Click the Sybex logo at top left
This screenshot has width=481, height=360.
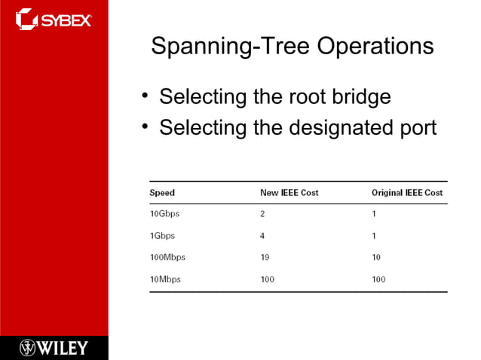54,18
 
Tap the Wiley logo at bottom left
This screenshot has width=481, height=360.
54,347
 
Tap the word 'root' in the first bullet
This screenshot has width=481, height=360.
311,97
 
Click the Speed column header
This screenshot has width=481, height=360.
162,193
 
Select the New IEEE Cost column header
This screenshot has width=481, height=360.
289,193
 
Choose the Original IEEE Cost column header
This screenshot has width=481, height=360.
406,193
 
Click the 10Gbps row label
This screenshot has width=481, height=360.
165,214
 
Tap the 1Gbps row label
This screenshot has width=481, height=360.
162,236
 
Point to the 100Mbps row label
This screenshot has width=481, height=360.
167,258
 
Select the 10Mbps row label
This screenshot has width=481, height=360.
165,279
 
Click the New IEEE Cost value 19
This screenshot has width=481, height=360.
265,258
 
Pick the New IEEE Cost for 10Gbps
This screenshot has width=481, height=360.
262,214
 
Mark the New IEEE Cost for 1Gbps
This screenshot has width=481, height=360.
262,236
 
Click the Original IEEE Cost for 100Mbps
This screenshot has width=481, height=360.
376,258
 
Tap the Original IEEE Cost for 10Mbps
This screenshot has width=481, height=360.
378,279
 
